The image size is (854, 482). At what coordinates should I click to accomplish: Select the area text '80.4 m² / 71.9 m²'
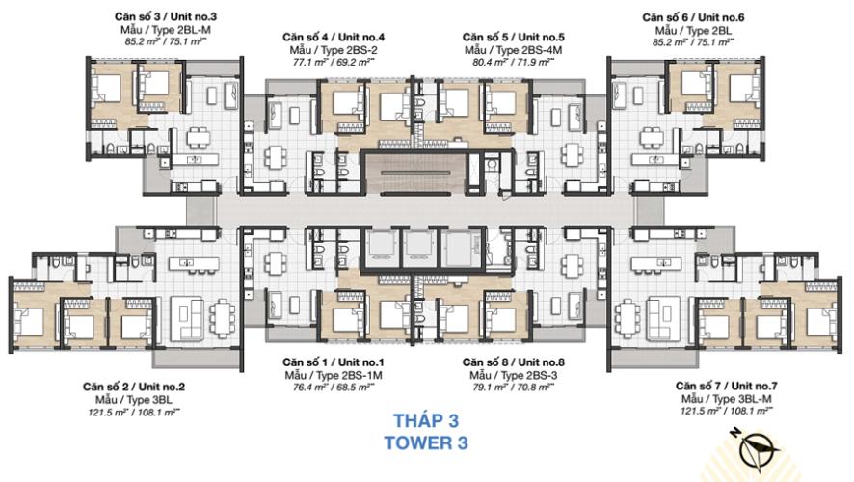coord(513,62)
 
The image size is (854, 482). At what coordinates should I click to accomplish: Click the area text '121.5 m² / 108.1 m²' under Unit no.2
coord(133,413)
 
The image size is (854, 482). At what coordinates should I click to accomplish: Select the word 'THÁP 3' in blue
coord(426,420)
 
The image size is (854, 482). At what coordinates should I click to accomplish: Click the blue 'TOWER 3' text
coord(426,442)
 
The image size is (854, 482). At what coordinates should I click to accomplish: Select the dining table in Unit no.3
coord(198,137)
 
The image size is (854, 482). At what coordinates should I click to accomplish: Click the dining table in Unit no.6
coord(653,137)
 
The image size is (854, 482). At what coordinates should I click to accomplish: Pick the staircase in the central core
coord(415,174)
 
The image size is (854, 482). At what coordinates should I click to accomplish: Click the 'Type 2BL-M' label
coord(165,30)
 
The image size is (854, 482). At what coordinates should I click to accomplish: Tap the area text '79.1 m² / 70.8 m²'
coord(513,388)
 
